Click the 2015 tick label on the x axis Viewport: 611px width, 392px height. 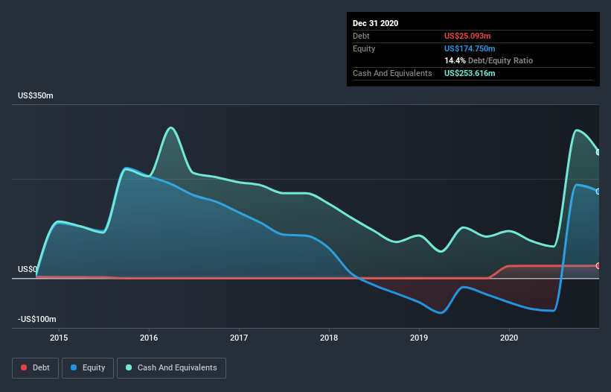pyautogui.click(x=59, y=338)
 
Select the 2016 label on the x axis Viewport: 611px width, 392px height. pyautogui.click(x=149, y=338)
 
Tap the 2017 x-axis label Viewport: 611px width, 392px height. pyautogui.click(x=239, y=338)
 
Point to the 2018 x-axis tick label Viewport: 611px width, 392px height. pyautogui.click(x=329, y=338)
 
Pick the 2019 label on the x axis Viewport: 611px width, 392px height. pyautogui.click(x=419, y=338)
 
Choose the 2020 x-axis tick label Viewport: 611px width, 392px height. pyautogui.click(x=509, y=338)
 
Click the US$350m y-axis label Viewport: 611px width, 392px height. pyautogui.click(x=36, y=96)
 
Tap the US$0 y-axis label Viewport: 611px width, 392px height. pyautogui.click(x=28, y=269)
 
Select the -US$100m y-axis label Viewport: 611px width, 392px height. pyautogui.click(x=37, y=319)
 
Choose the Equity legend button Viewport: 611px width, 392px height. pyautogui.click(x=88, y=367)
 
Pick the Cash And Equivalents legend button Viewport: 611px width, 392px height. pyautogui.click(x=171, y=367)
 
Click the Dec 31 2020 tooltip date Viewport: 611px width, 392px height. pyautogui.click(x=375, y=23)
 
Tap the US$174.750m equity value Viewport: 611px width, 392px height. pyautogui.click(x=473, y=48)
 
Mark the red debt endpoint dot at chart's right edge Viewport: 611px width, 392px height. pyautogui.click(x=598, y=265)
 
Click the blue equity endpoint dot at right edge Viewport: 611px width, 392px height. pyautogui.click(x=598, y=192)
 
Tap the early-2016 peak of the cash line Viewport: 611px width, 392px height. pyautogui.click(x=171, y=127)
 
